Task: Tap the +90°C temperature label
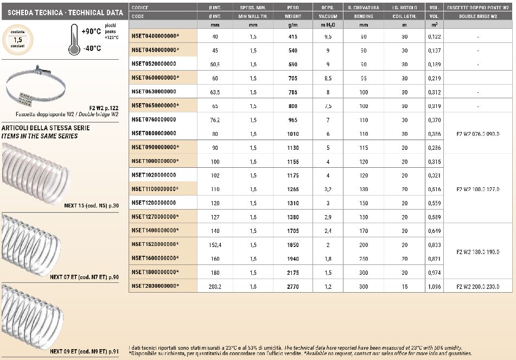coord(91,31)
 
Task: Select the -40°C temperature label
coord(91,48)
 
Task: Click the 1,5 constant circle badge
coord(17,40)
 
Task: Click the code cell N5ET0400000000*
coord(155,36)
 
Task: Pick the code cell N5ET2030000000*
coord(155,286)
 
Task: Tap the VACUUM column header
coord(328,16)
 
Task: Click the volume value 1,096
coord(434,286)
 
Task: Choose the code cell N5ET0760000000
coord(154,119)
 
